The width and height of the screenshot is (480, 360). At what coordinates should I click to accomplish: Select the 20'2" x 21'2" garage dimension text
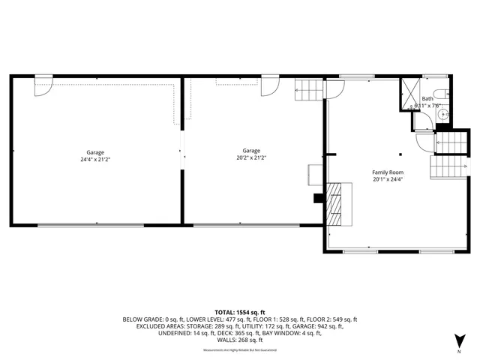pos(251,158)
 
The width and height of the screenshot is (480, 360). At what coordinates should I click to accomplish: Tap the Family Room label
pos(387,172)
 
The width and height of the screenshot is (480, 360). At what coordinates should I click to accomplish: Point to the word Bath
pos(427,98)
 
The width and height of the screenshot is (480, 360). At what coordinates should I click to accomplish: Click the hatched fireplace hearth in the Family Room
pos(337,202)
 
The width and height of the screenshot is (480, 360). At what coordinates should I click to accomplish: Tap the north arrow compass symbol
pos(458,339)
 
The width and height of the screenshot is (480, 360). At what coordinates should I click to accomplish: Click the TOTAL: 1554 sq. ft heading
pos(240,312)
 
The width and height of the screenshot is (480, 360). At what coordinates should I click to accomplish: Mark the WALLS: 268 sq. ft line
pos(240,340)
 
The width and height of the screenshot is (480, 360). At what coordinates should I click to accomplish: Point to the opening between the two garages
pos(181,154)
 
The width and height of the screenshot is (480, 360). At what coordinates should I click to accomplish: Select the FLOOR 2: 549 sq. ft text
pos(333,319)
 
